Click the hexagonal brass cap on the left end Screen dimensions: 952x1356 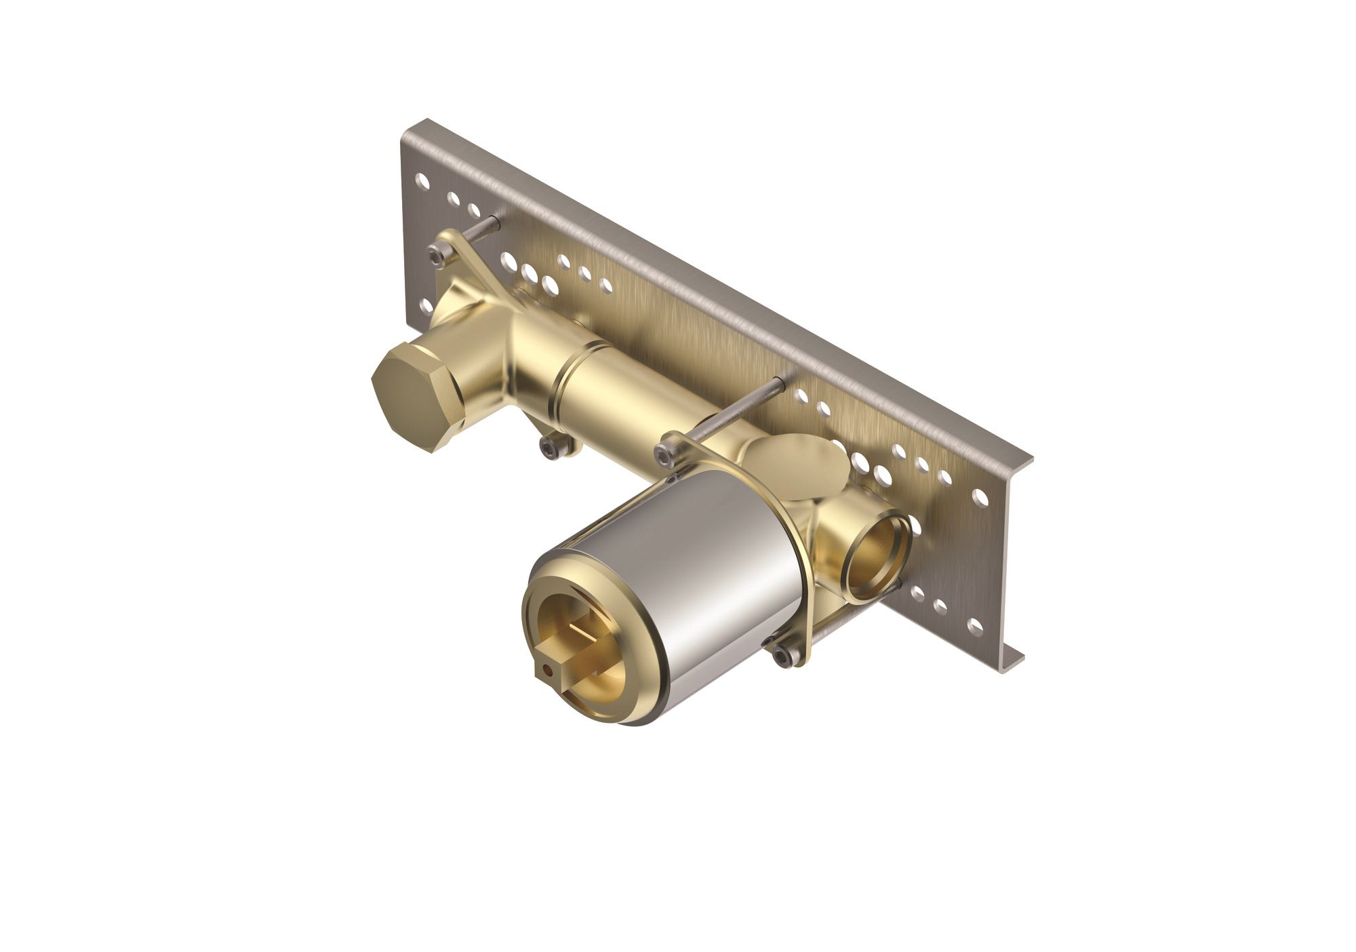click(416, 393)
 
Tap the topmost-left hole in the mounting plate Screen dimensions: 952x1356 click(422, 180)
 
